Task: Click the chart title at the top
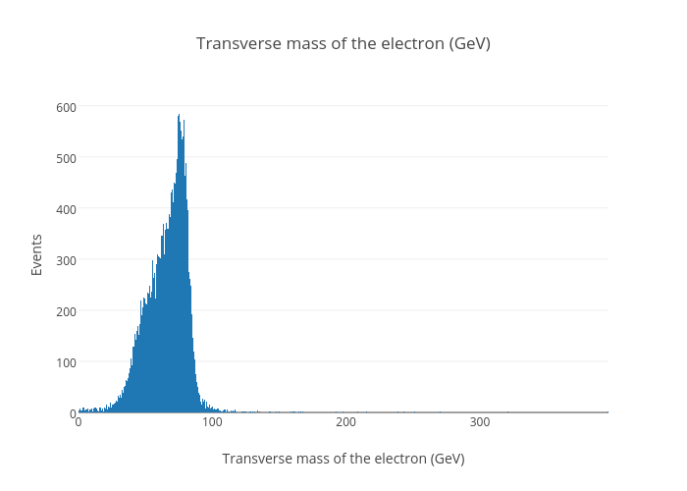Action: click(x=343, y=43)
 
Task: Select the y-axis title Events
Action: click(x=36, y=253)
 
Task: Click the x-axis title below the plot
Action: click(x=343, y=459)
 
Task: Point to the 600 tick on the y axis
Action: click(x=65, y=106)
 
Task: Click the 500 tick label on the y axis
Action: click(x=65, y=157)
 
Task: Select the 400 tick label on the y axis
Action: click(x=65, y=208)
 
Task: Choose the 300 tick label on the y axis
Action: click(x=65, y=259)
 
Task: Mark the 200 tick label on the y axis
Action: click(x=65, y=310)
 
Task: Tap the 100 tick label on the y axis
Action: click(x=65, y=361)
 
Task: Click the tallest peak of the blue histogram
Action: click(x=179, y=116)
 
